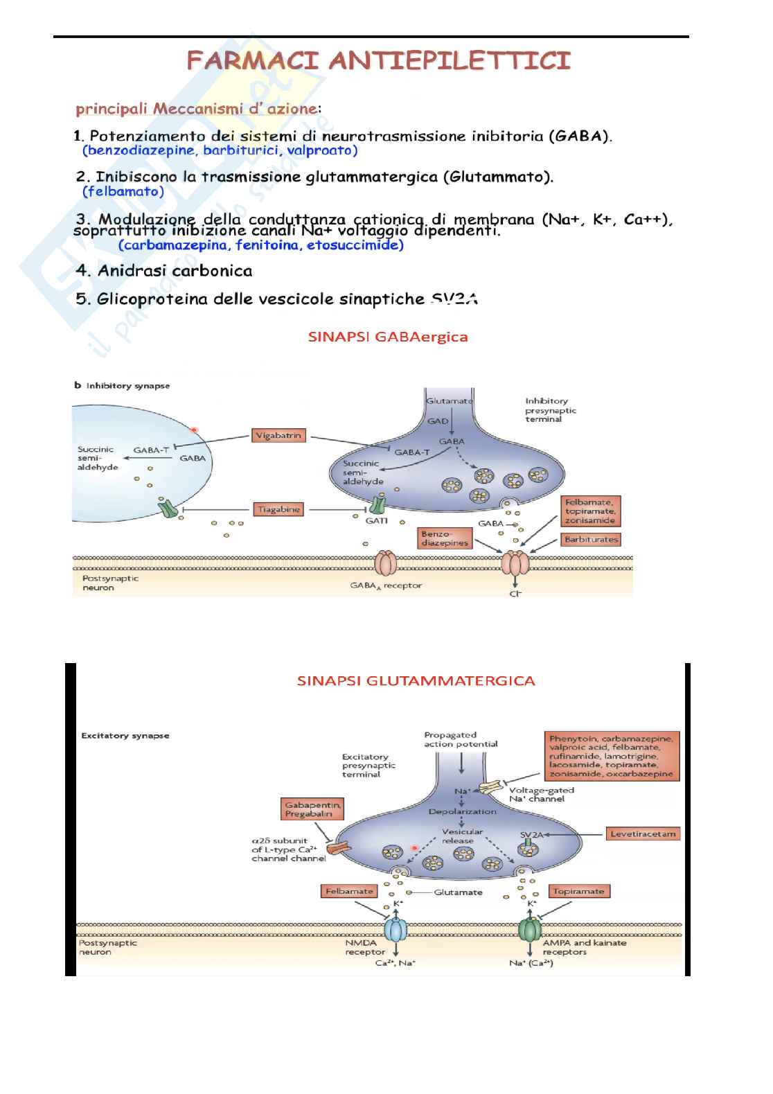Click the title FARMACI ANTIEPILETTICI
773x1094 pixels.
pos(379,61)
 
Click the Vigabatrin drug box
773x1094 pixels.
pos(278,436)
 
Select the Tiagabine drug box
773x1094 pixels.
pos(278,509)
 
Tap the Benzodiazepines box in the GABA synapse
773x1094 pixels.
pos(445,538)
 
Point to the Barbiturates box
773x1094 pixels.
pos(591,539)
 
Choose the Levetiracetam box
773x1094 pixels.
pos(643,833)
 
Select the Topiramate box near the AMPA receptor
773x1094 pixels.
pos(579,891)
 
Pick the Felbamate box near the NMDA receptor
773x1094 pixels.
pos(349,891)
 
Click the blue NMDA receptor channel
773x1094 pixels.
pos(396,928)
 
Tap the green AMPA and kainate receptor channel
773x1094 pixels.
pos(531,928)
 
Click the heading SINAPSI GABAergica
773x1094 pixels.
pos(388,337)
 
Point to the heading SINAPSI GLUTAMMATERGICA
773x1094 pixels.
pos(416,681)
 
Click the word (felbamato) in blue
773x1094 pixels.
pos(123,191)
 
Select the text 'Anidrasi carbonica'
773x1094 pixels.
pos(175,271)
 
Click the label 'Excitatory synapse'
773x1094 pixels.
pos(125,735)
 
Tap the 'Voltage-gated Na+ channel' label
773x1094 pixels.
pos(541,794)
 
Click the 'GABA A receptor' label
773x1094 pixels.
pos(386,586)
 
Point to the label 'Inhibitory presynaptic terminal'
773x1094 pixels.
pos(550,410)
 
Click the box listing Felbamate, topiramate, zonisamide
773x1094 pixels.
pos(590,511)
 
